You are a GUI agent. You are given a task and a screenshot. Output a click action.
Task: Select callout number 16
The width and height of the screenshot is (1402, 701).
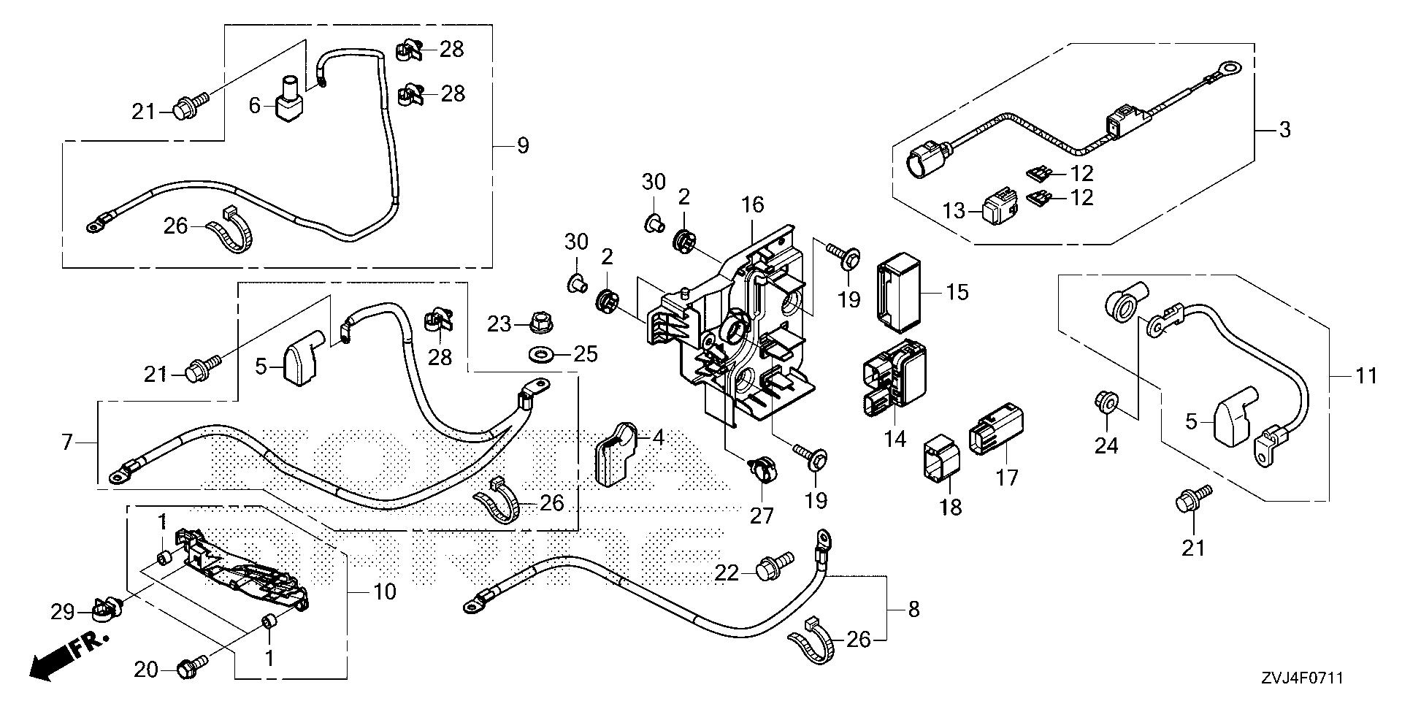tap(753, 205)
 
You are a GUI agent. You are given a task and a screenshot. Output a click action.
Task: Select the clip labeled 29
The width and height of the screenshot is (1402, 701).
tap(107, 608)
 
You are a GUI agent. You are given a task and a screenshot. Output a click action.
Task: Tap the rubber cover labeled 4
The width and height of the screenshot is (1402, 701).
tap(617, 453)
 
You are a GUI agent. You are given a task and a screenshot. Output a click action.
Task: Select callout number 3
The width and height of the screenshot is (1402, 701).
tap(1284, 130)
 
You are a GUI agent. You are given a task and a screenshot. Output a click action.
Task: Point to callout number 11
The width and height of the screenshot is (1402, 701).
tap(1365, 377)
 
